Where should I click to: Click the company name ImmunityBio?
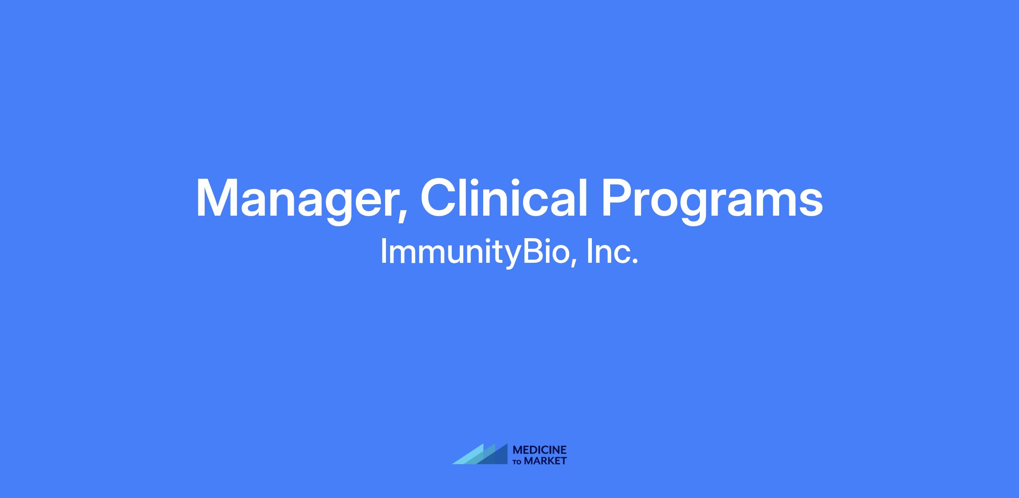[475, 252]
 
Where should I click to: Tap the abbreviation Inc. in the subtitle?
[612, 251]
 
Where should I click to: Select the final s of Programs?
[810, 203]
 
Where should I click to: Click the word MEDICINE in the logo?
[540, 450]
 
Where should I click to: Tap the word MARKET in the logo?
[545, 461]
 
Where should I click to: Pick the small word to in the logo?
[518, 461]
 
